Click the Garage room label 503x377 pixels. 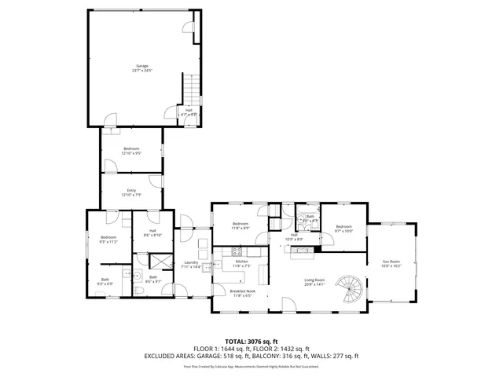[141, 66]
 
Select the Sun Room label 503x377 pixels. [391, 262]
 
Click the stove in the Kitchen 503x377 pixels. [233, 252]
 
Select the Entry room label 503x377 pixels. [131, 191]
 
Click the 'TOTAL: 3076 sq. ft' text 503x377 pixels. [251, 342]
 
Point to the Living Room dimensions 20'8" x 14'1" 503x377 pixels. [314, 284]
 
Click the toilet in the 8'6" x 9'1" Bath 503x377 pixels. [139, 291]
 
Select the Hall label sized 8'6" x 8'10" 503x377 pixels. [152, 232]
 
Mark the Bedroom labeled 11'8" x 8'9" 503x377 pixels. [240, 225]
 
